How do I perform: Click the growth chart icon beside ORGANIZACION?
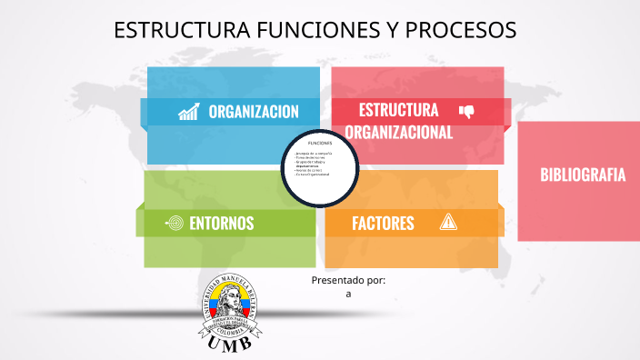click(189, 112)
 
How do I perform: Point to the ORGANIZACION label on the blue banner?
click(254, 112)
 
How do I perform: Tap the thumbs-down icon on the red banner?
click(467, 112)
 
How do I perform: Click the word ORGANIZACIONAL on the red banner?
click(398, 132)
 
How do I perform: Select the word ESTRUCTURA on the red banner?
click(398, 110)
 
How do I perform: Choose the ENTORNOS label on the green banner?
click(221, 223)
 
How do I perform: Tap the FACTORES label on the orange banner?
click(383, 223)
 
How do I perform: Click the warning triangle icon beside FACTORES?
click(448, 222)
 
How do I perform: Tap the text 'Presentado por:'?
click(348, 280)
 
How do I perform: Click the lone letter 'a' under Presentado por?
click(348, 294)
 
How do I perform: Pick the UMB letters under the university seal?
click(230, 345)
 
